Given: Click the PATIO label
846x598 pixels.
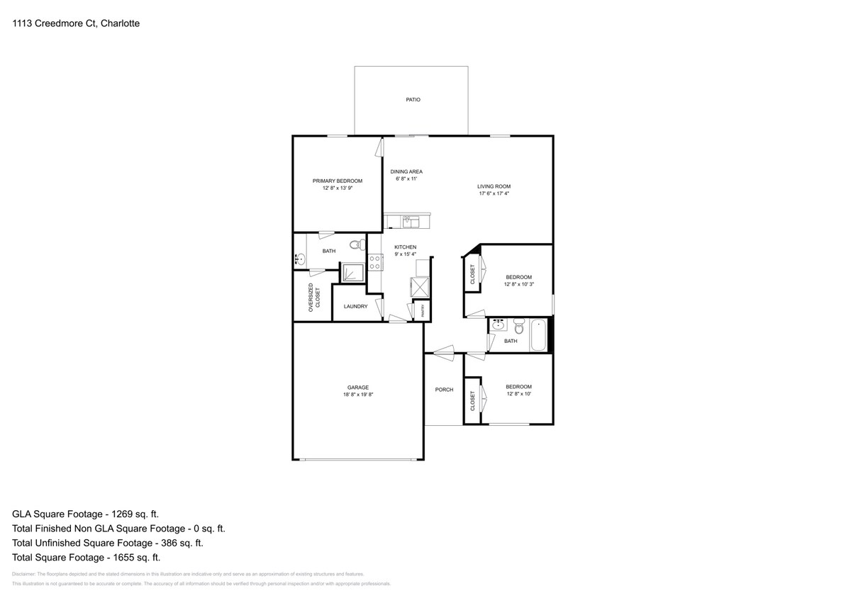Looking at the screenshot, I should click(x=413, y=100).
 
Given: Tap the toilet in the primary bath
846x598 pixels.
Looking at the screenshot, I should click(x=356, y=246).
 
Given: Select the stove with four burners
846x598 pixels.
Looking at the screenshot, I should click(x=375, y=262).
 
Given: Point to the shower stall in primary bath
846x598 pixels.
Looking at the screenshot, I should click(x=352, y=273).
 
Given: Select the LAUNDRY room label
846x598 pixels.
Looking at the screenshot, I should click(x=355, y=307).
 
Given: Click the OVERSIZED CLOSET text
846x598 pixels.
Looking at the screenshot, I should click(x=313, y=299).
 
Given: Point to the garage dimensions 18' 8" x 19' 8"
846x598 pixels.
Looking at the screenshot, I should click(x=358, y=395).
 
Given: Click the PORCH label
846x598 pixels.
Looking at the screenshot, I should click(x=444, y=390).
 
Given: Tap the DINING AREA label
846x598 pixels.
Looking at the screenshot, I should click(x=406, y=171).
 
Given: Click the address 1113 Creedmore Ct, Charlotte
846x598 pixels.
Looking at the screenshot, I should click(x=76, y=23).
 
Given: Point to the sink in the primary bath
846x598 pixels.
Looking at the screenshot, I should click(x=300, y=260).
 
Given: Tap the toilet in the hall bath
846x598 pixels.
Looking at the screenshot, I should click(x=518, y=328).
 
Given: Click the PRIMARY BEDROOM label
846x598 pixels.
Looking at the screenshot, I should click(x=338, y=181).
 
